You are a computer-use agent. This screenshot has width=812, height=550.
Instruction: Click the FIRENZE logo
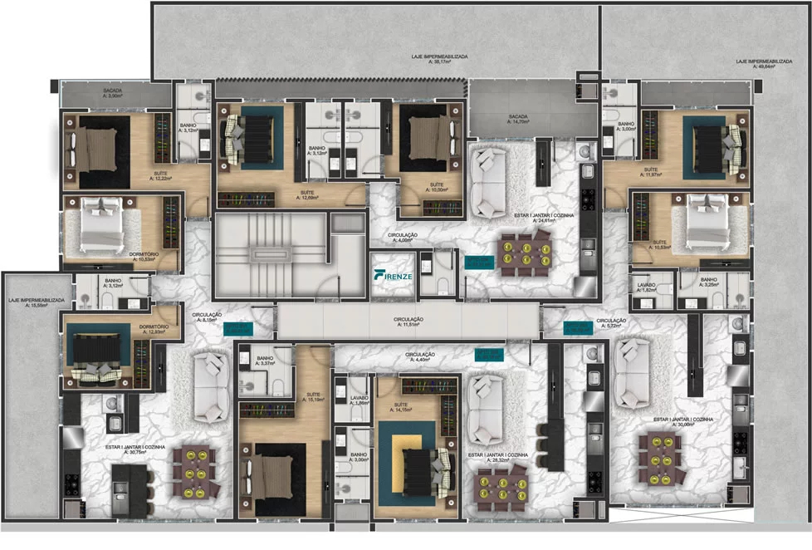[392, 274]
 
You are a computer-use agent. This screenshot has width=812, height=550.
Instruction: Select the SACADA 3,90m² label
[113, 92]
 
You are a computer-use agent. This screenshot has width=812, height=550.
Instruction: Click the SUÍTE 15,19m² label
[312, 397]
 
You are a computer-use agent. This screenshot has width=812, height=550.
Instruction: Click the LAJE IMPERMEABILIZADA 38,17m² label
[439, 59]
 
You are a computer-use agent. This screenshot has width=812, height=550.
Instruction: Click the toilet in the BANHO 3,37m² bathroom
[277, 385]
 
